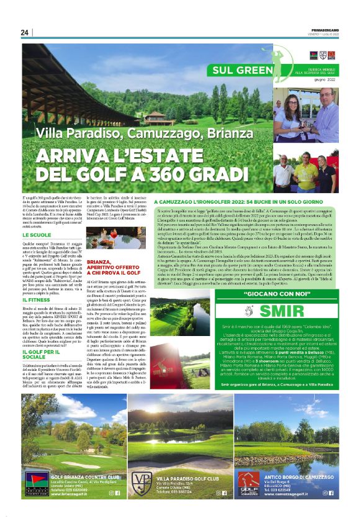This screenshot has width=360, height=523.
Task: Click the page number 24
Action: click(x=25, y=32)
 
